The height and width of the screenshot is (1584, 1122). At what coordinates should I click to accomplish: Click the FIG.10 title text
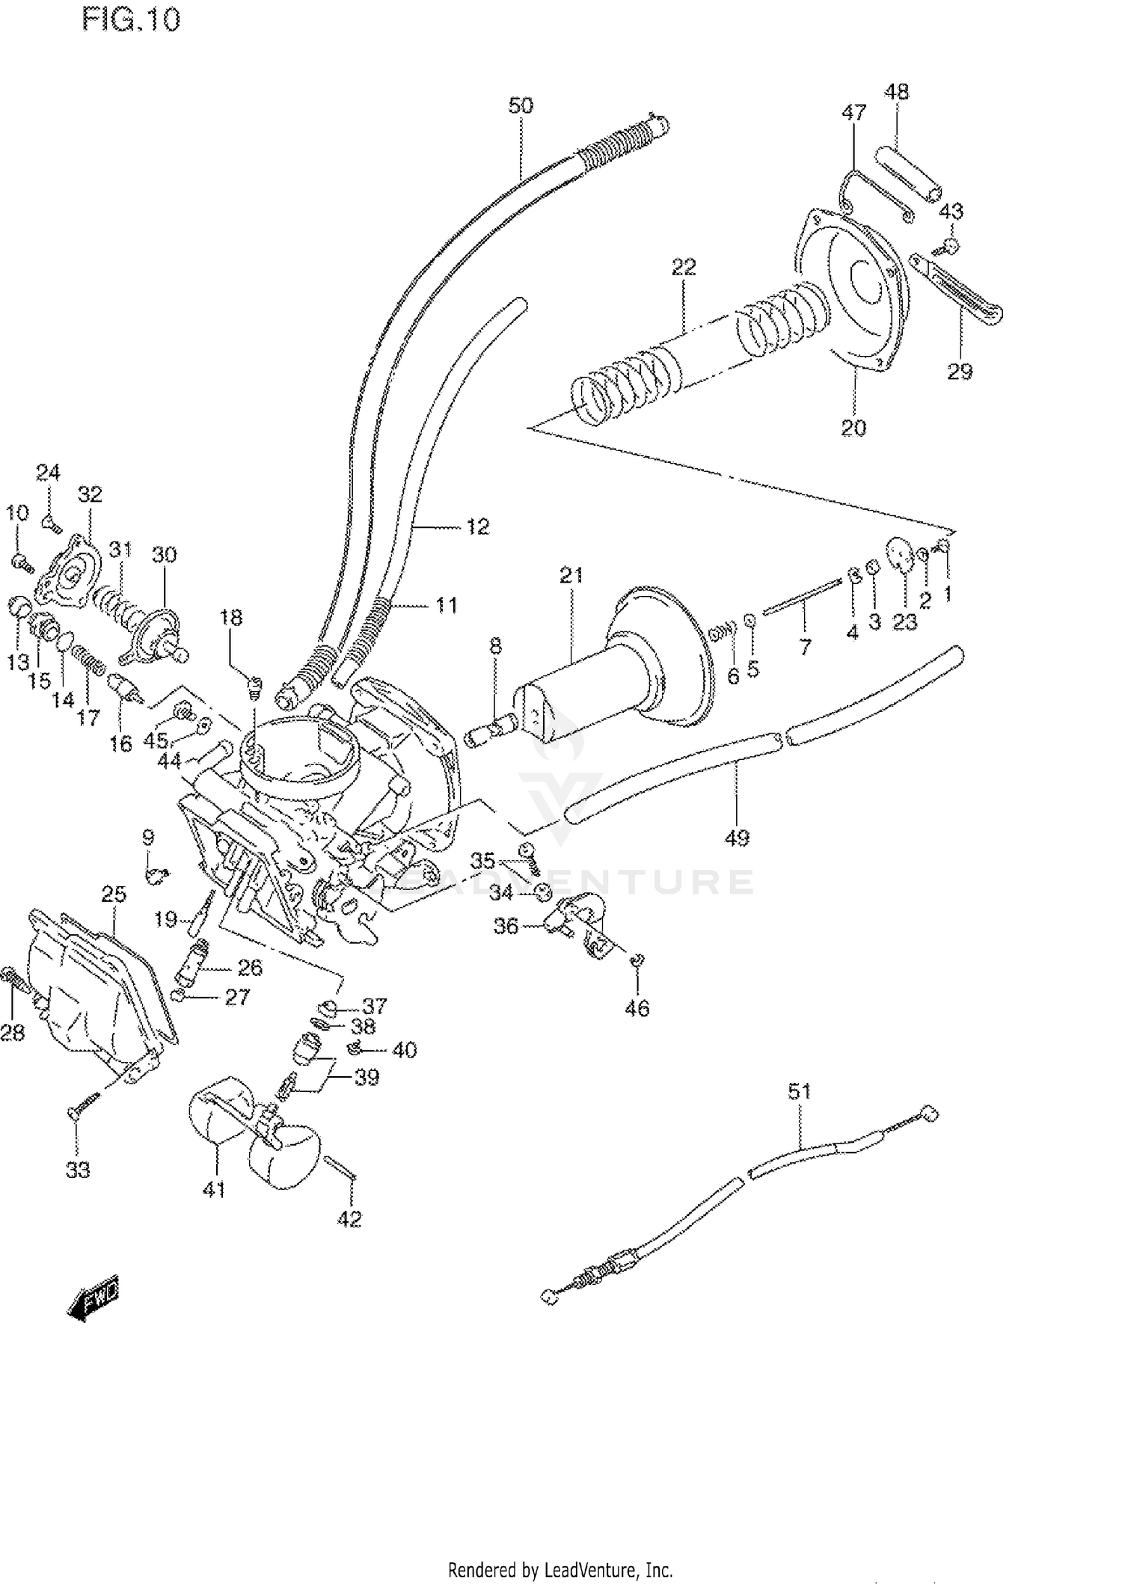click(x=131, y=20)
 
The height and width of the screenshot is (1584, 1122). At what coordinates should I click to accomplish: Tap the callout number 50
click(x=521, y=106)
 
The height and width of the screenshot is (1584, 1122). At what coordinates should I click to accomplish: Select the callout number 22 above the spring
click(x=683, y=267)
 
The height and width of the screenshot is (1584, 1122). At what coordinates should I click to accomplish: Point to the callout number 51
click(x=799, y=1092)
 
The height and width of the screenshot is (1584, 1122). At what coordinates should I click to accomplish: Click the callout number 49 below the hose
click(x=737, y=838)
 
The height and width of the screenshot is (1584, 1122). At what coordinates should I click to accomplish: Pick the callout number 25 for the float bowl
click(x=114, y=894)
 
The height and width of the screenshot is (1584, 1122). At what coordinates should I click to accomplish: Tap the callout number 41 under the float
click(x=214, y=1188)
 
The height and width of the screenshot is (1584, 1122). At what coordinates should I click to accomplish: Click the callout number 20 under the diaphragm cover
click(x=853, y=428)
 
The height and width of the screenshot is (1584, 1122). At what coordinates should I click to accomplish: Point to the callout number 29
click(x=960, y=371)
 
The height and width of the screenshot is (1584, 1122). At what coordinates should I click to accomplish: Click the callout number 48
click(x=896, y=92)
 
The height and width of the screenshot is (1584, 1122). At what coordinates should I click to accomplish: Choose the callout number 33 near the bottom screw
click(x=78, y=1170)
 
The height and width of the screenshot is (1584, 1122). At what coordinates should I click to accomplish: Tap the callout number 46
click(x=637, y=1008)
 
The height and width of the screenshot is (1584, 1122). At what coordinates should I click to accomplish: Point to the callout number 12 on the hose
click(x=477, y=527)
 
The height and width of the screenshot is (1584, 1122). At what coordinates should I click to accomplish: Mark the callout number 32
click(x=89, y=494)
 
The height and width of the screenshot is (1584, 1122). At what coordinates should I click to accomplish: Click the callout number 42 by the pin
click(x=349, y=1219)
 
